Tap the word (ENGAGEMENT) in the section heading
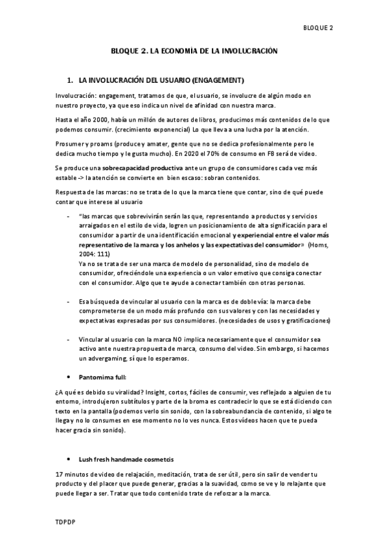(x=218, y=81)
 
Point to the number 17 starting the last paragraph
(x=60, y=474)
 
